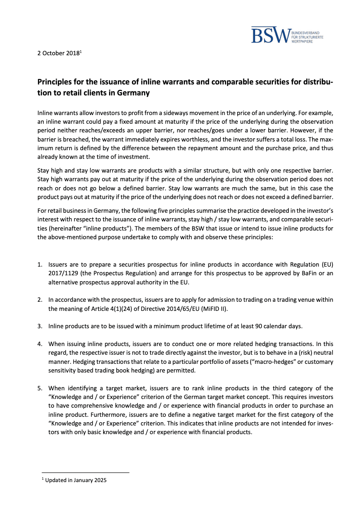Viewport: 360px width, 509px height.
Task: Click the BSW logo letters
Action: (271, 36)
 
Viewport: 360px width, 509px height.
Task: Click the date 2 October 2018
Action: (58, 53)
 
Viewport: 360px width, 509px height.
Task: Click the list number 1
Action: (40, 264)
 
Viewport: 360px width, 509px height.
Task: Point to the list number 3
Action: (40, 325)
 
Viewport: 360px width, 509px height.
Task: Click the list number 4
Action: (40, 343)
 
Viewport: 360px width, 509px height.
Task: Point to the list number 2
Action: (40, 299)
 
